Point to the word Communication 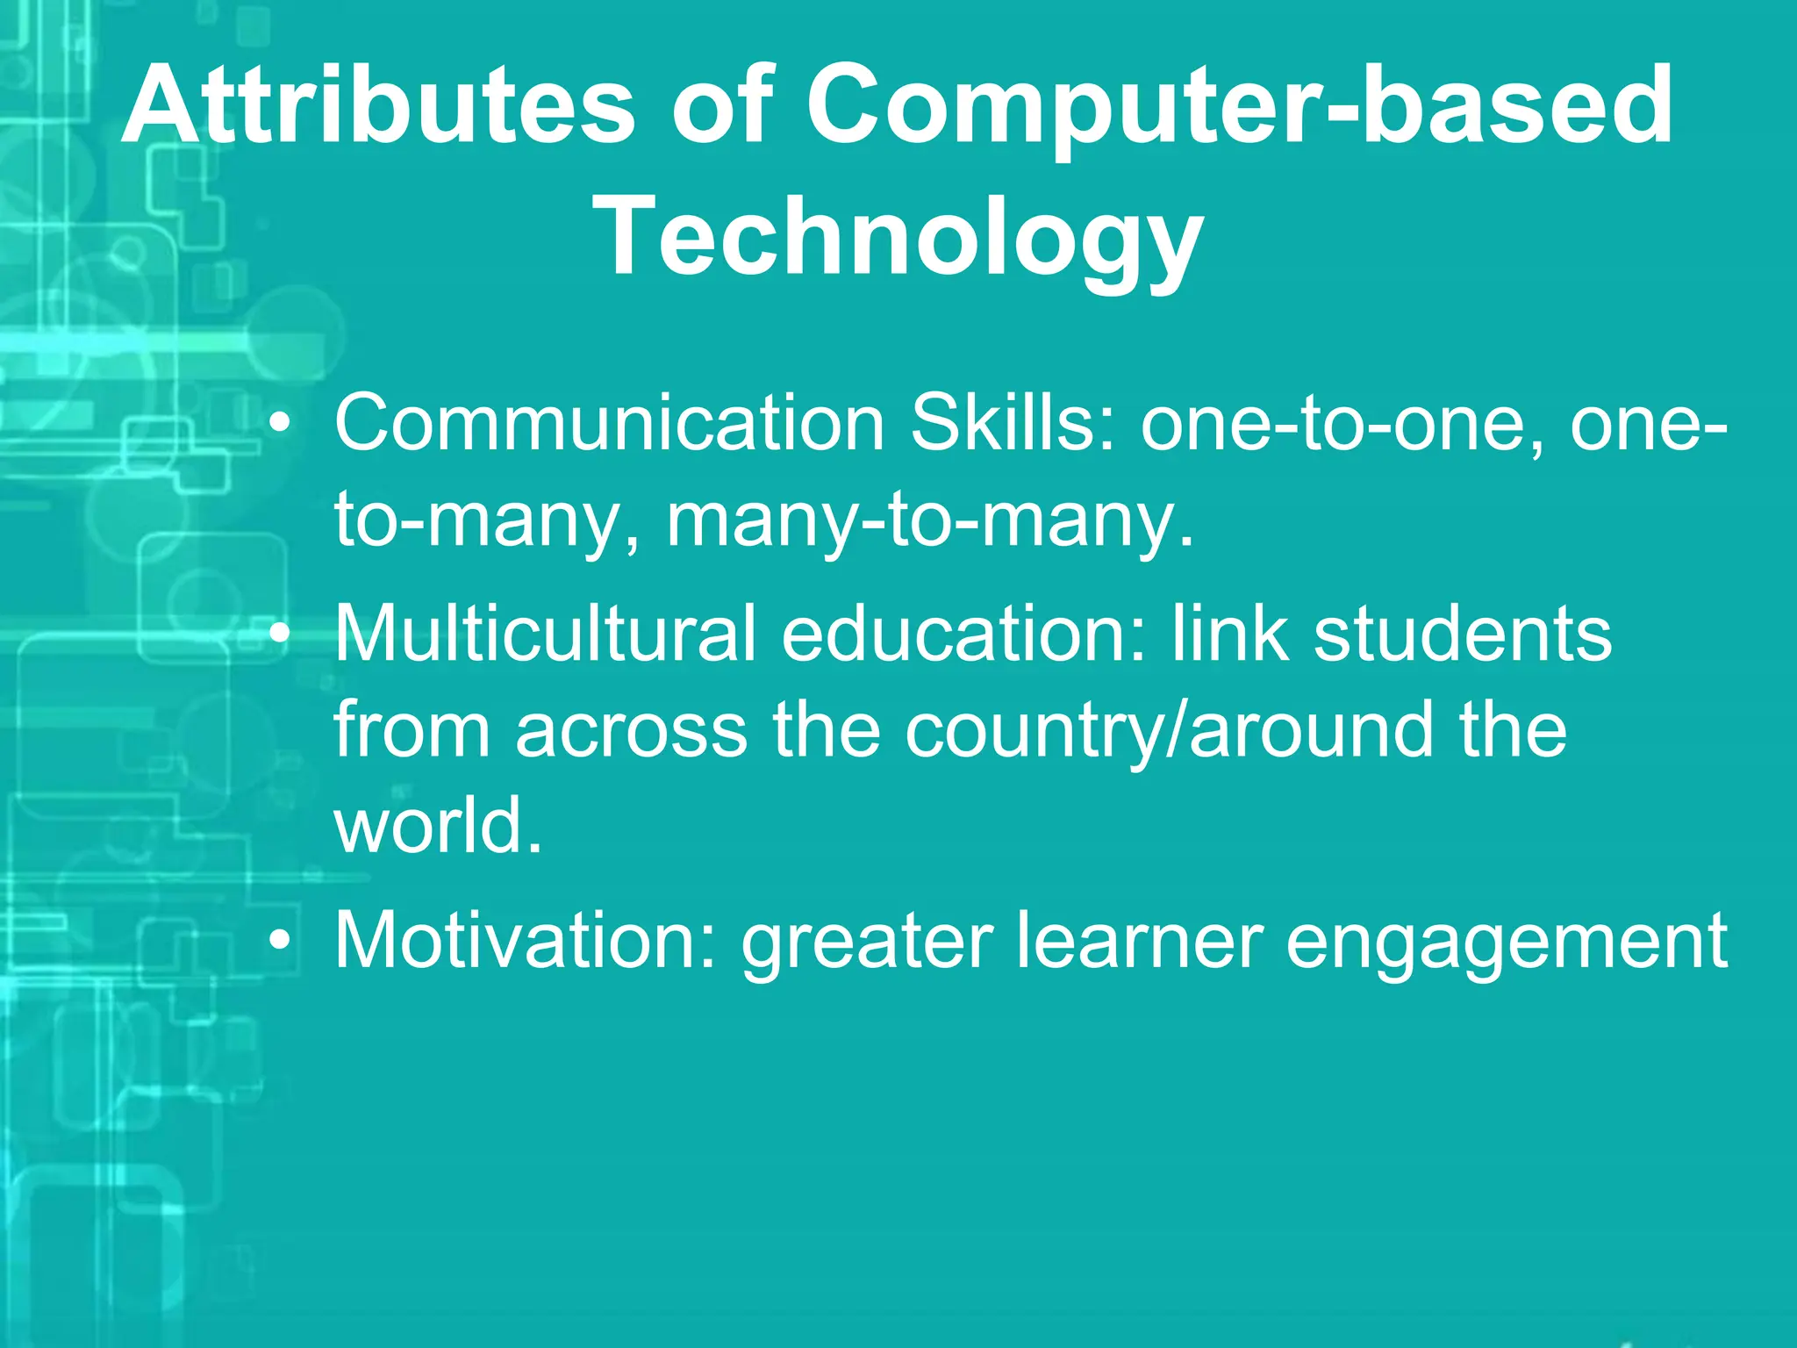pos(610,423)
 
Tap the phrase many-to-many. pos(930,522)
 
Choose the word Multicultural pos(545,634)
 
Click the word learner pos(1141,941)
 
